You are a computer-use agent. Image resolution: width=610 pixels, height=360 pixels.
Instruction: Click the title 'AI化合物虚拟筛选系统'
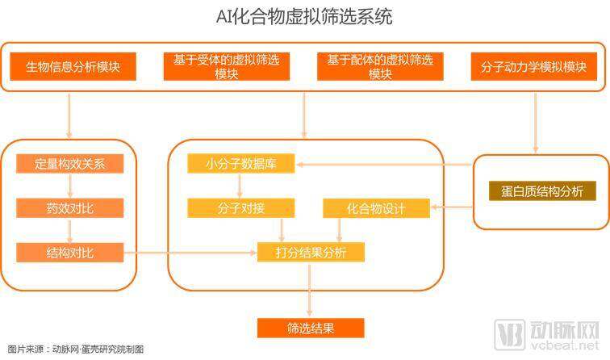click(304, 18)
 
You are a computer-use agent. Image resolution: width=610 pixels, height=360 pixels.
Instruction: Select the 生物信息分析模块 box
click(73, 66)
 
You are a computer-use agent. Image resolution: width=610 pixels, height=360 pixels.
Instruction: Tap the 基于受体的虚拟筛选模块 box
click(227, 66)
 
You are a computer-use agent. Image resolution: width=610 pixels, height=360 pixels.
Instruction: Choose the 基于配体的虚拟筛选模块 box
click(380, 66)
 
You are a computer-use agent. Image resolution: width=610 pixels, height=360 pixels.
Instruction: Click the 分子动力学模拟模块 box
click(534, 66)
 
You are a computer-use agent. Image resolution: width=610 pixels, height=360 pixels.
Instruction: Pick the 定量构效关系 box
click(69, 164)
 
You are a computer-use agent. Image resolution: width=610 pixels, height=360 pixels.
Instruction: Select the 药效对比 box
click(69, 207)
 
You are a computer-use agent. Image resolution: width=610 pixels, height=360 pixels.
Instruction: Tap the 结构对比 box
click(69, 253)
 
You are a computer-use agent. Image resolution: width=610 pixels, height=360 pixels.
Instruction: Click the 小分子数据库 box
click(240, 164)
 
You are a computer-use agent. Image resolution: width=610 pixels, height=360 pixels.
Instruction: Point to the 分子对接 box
click(240, 208)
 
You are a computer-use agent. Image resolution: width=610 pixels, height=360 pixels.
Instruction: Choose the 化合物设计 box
click(376, 208)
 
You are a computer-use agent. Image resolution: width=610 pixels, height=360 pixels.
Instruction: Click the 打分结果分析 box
click(311, 252)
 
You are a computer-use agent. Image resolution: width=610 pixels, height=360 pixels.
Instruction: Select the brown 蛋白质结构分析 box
click(542, 191)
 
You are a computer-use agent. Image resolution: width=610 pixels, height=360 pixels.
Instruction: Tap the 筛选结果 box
click(311, 328)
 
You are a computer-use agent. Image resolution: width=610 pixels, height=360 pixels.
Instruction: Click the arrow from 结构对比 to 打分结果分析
click(190, 253)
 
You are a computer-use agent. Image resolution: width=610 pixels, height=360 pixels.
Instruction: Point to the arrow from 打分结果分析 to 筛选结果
click(310, 290)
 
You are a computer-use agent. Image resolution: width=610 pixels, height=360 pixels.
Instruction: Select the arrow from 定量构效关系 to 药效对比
click(70, 186)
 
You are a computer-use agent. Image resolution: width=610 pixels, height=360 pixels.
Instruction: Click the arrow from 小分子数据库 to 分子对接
click(240, 186)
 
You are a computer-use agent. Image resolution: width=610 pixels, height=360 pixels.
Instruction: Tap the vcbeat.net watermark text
click(564, 345)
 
